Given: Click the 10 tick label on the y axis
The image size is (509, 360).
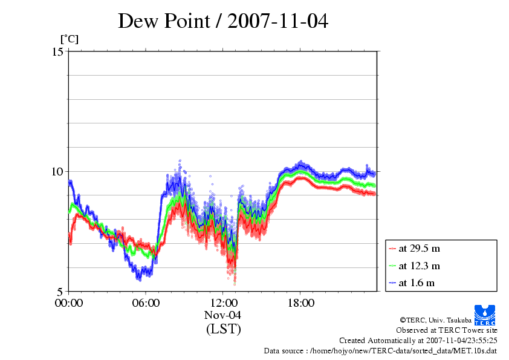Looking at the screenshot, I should tap(57, 171).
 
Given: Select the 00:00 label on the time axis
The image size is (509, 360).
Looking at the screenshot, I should tap(69, 303).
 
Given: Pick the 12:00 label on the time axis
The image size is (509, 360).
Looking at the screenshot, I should tap(223, 303).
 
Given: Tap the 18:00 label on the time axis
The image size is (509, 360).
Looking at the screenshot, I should tap(300, 303).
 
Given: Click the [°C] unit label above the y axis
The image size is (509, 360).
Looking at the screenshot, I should tap(68, 39).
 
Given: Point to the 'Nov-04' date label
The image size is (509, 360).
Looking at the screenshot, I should tap(223, 315).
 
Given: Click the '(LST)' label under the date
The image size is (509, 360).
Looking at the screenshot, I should tap(223, 329).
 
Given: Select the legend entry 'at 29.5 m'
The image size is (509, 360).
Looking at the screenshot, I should tap(419, 249).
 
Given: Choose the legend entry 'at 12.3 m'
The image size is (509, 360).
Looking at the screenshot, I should tap(419, 266).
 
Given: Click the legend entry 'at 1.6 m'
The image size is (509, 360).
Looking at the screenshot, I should tap(417, 283).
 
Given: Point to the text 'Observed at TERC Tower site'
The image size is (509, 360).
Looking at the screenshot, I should tap(447, 330).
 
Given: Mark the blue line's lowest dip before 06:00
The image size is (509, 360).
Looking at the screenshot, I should tap(139, 278).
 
